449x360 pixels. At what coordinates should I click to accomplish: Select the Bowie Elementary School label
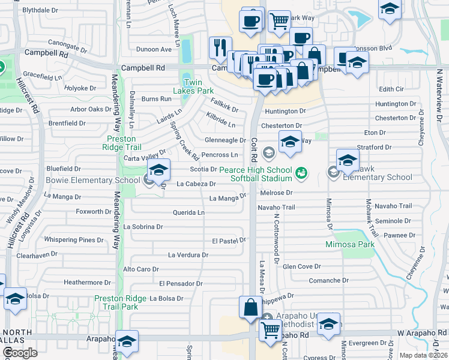coord(88,180)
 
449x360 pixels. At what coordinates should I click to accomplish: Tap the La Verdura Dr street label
coord(188,255)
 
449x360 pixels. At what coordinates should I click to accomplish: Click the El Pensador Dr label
coord(181,283)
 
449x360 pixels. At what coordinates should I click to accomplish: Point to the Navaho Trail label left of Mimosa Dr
coord(277,207)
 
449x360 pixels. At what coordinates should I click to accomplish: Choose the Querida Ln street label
coord(188,212)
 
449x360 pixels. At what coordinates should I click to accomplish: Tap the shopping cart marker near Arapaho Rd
coord(271,329)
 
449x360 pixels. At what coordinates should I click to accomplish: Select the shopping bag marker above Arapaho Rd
coord(250,308)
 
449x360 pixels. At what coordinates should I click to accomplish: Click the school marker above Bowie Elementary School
coord(158,170)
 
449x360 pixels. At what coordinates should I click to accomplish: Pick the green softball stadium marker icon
coord(301,173)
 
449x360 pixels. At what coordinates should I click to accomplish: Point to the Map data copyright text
coord(424,355)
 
